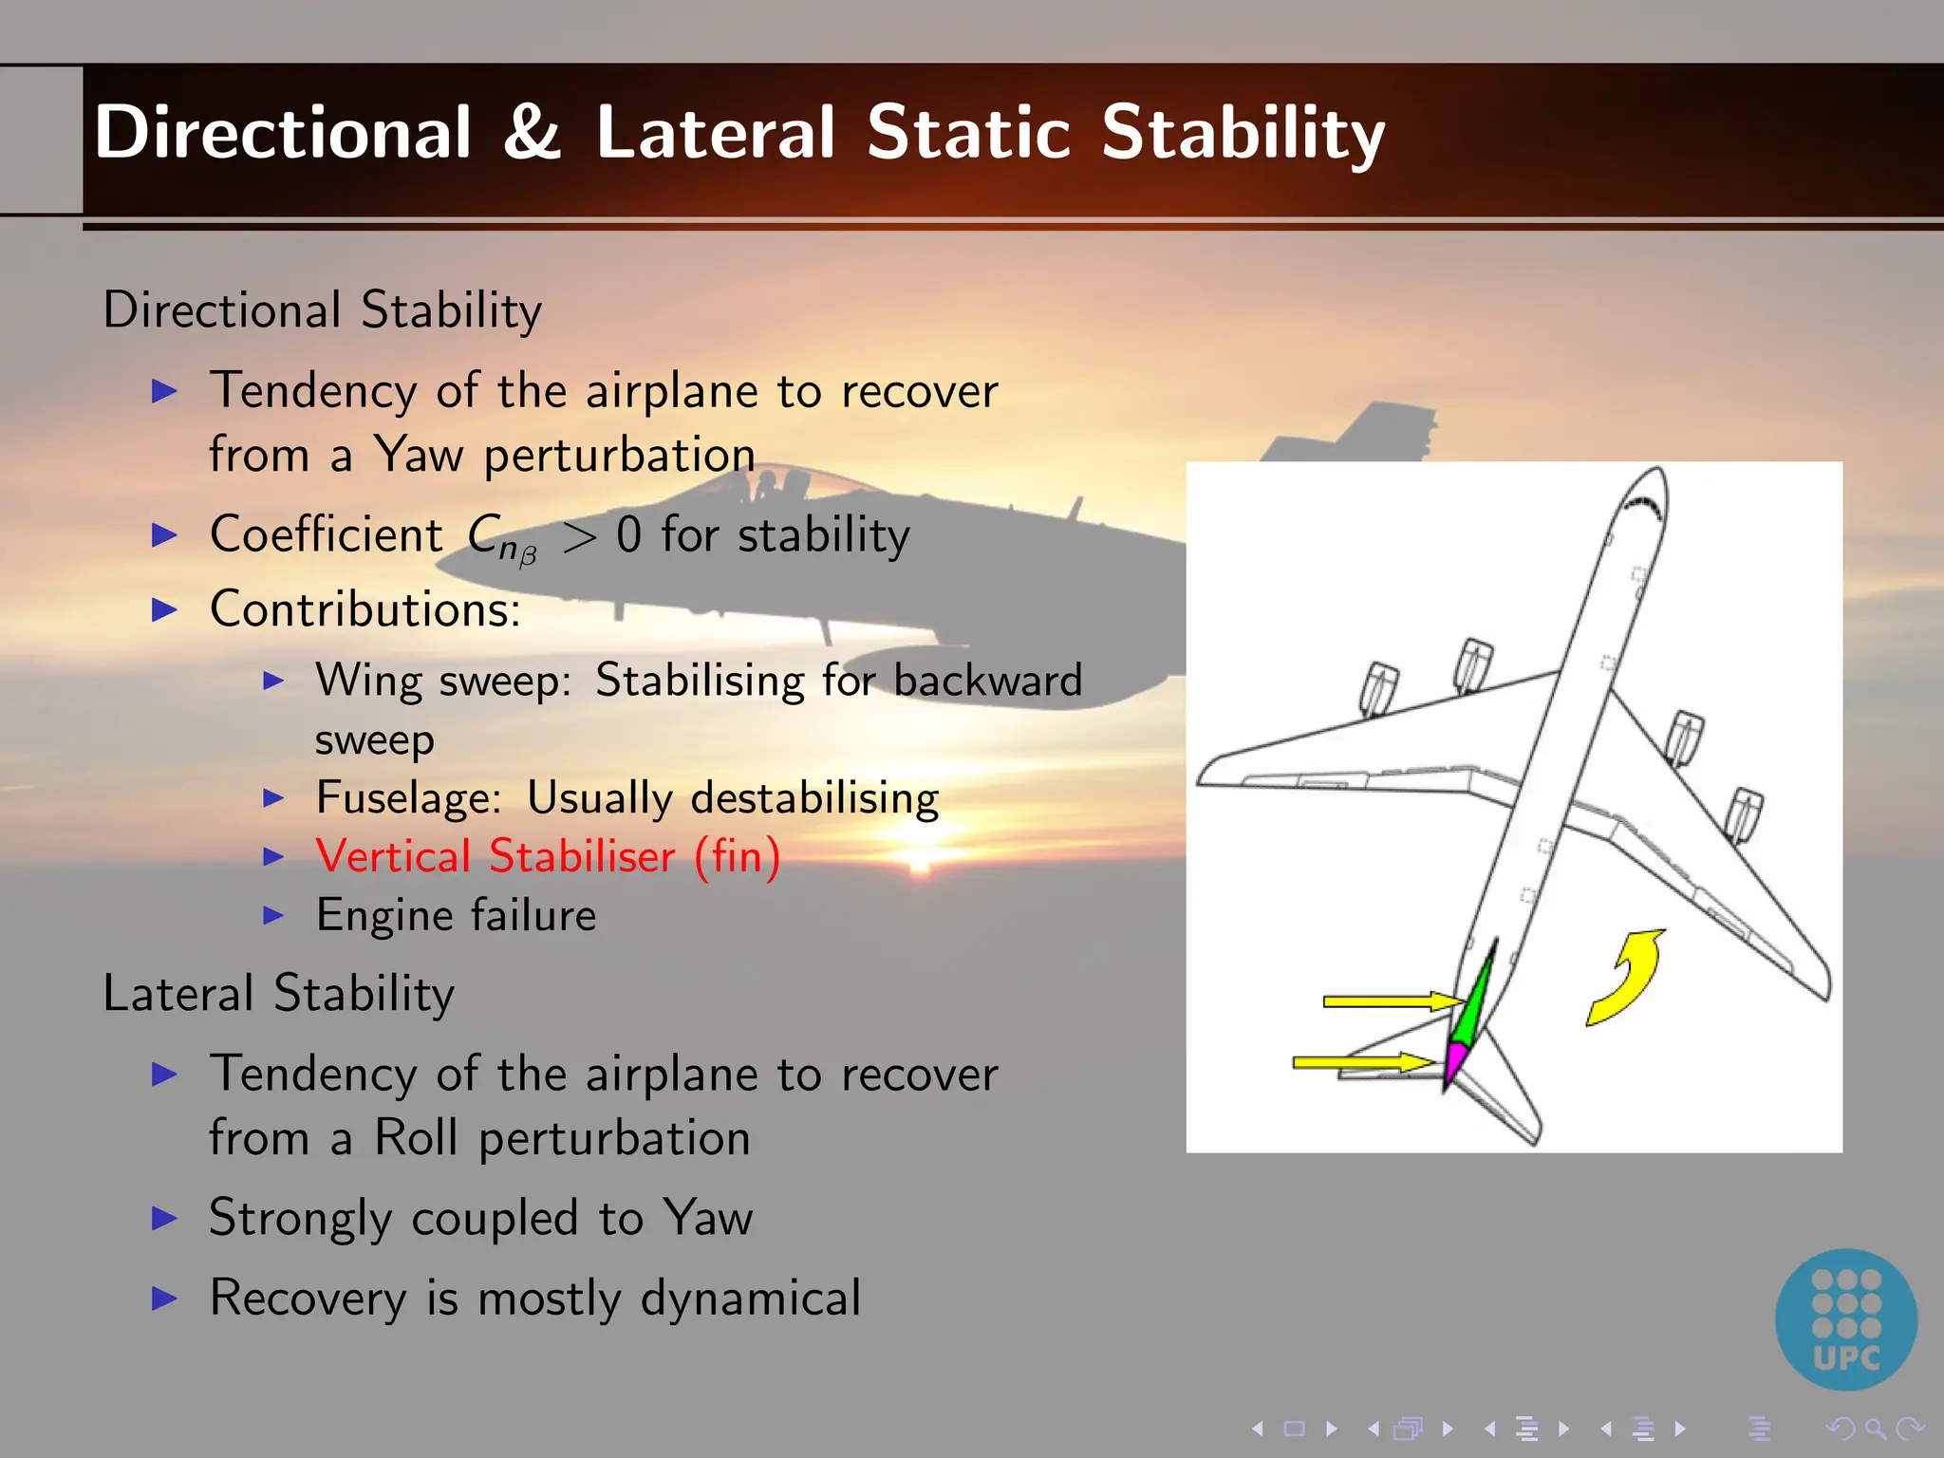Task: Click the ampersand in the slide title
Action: pos(532,133)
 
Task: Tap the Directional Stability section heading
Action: pos(322,310)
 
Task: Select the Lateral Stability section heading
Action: pos(278,994)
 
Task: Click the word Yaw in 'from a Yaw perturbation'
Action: pos(418,454)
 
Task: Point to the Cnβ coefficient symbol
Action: pos(501,538)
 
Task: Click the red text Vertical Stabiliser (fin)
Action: pos(548,856)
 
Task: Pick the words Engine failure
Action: pos(456,916)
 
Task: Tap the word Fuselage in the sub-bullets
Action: pos(408,797)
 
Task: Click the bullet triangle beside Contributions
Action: pos(165,609)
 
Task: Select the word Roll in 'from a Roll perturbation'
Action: pos(416,1137)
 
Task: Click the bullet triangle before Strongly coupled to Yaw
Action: pos(165,1219)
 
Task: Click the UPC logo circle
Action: pos(1845,1319)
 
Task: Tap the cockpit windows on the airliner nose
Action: pos(1644,504)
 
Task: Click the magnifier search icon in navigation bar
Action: pos(1875,1429)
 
